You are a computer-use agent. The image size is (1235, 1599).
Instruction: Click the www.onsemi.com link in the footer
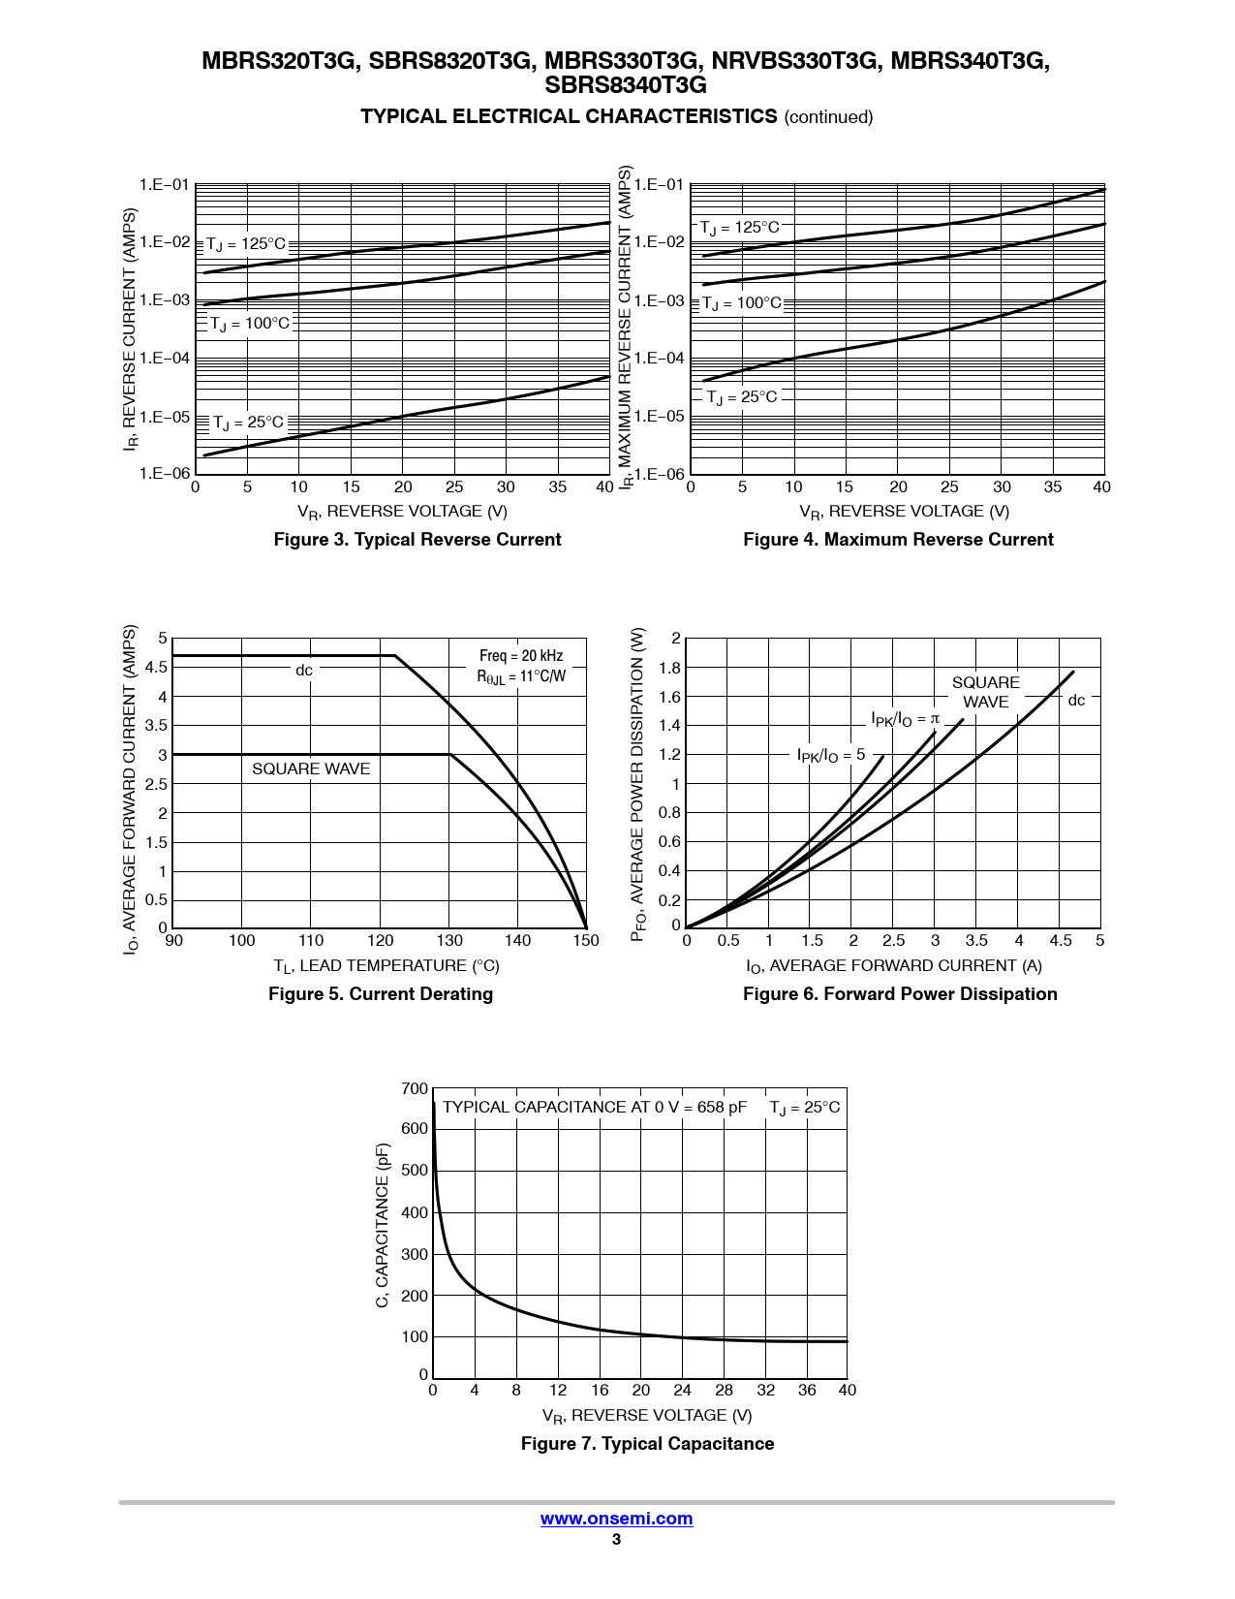click(616, 1519)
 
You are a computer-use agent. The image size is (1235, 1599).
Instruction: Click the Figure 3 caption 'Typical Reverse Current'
click(417, 540)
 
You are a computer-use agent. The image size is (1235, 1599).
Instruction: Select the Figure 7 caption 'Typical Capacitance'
click(647, 1444)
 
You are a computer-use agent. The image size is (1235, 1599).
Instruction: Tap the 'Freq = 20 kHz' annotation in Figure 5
click(521, 656)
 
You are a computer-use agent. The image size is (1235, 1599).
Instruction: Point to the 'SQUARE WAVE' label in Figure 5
click(311, 769)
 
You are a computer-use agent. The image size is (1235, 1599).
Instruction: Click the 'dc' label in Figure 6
click(1076, 701)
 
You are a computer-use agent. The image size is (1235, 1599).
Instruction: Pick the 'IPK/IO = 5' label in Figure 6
click(831, 755)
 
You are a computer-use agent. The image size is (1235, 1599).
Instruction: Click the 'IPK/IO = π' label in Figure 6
click(905, 719)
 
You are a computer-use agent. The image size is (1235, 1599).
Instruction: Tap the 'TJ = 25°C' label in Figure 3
click(248, 423)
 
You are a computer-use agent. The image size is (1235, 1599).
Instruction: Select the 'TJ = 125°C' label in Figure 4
click(740, 228)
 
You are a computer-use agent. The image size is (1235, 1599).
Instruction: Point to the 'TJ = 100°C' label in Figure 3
click(250, 324)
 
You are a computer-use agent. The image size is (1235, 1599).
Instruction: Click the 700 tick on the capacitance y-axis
click(415, 1089)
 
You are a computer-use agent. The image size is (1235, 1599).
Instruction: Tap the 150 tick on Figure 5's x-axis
click(586, 940)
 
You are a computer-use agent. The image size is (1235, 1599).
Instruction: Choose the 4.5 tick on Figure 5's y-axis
click(156, 668)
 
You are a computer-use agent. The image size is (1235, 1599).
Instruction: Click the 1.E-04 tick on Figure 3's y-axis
click(165, 359)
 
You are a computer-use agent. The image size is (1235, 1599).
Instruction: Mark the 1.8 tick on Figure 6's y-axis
click(669, 668)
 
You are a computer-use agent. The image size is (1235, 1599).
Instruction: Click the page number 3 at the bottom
click(616, 1540)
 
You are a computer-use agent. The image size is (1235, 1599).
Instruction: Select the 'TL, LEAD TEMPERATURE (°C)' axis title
click(386, 966)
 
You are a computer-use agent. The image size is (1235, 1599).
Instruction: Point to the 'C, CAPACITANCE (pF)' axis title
click(383, 1225)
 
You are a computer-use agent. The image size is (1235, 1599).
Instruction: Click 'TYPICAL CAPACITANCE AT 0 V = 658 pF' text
click(595, 1108)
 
